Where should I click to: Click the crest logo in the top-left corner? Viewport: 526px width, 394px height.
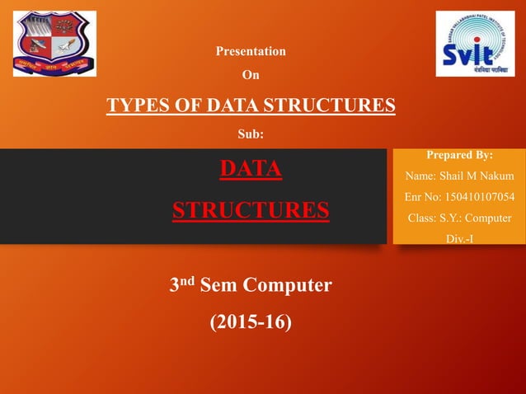point(54,44)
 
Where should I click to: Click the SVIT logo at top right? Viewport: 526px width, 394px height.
point(474,44)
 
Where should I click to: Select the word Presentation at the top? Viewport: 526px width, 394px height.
point(251,51)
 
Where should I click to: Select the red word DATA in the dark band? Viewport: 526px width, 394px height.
point(251,169)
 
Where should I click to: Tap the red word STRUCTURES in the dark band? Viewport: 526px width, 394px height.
point(251,209)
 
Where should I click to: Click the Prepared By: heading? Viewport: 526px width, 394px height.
point(459,154)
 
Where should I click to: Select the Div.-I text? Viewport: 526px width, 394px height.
point(459,239)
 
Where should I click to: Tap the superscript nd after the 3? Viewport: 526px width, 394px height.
point(188,280)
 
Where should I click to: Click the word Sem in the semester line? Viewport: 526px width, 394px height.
point(218,286)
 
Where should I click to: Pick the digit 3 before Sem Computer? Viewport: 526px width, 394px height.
point(175,287)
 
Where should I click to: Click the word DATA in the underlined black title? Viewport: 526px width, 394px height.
point(232,106)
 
